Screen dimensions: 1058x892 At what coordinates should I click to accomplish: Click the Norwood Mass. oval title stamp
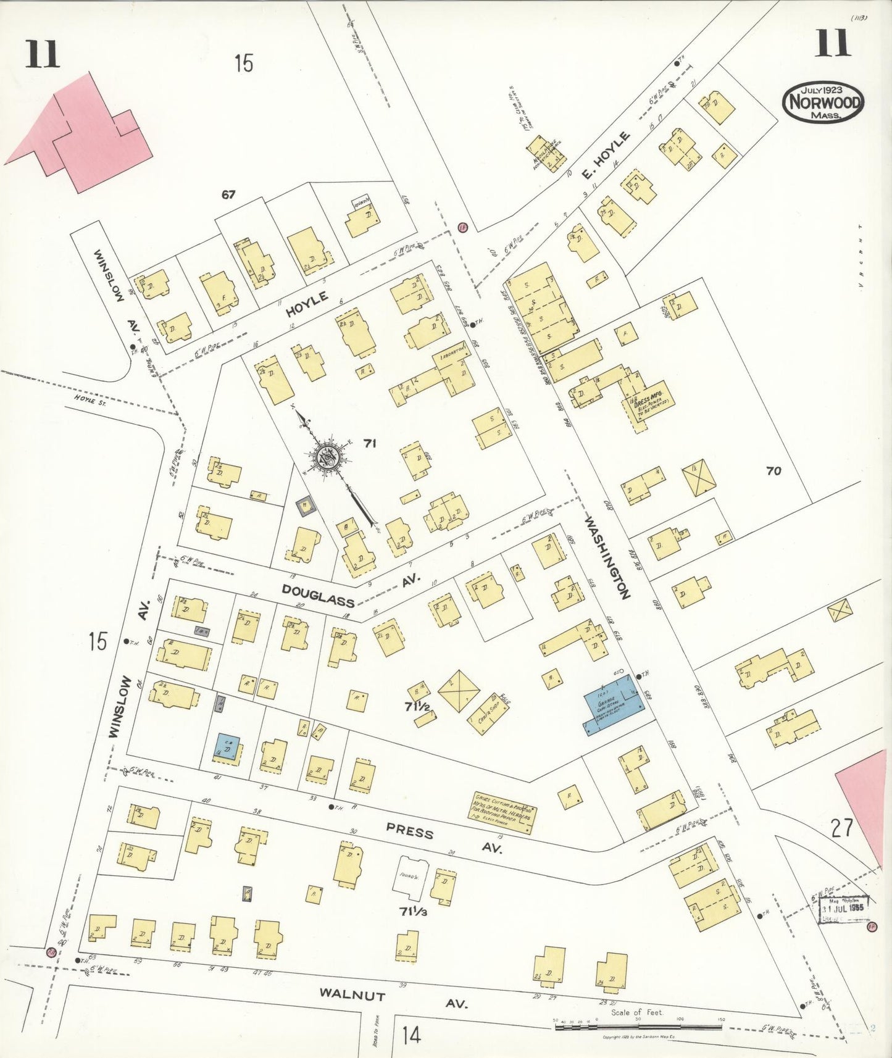tap(823, 102)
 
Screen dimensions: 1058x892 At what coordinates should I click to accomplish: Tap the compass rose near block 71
tap(328, 458)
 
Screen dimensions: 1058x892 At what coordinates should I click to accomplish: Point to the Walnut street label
tap(352, 994)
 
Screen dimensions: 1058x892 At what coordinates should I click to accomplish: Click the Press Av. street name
tap(409, 833)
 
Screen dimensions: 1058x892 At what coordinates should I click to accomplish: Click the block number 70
tap(773, 471)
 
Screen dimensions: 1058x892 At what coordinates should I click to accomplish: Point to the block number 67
tap(228, 195)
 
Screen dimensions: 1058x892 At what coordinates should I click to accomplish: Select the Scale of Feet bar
tap(638, 1027)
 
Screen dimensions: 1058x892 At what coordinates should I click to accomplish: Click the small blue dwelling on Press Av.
tap(228, 748)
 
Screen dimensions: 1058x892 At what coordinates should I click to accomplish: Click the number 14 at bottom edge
tap(411, 1035)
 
